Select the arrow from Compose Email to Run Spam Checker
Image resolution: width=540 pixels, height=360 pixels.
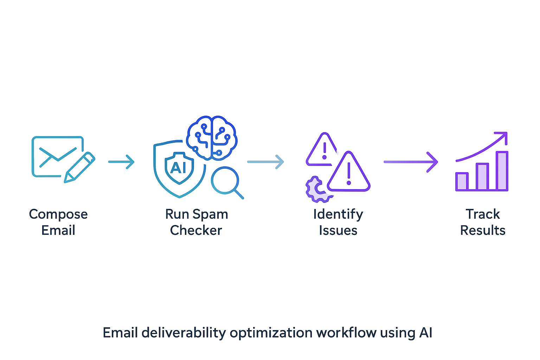click(x=121, y=162)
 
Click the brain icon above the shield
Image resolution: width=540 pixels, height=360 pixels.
click(x=211, y=137)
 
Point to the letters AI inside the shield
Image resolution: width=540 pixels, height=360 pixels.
click(x=178, y=168)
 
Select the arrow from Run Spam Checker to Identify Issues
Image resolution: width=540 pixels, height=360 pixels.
click(x=265, y=162)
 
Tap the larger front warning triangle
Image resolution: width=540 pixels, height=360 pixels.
click(x=348, y=173)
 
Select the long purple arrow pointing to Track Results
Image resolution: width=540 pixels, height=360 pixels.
click(x=411, y=162)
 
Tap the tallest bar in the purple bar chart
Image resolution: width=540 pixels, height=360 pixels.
click(x=502, y=171)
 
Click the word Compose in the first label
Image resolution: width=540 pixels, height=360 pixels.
click(x=58, y=214)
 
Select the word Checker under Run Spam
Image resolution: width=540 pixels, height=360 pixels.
click(x=196, y=230)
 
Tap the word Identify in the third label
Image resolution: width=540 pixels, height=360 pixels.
click(x=338, y=214)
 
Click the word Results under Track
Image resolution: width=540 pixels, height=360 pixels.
click(x=483, y=230)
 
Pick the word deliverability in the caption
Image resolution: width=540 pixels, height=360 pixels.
click(x=184, y=332)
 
